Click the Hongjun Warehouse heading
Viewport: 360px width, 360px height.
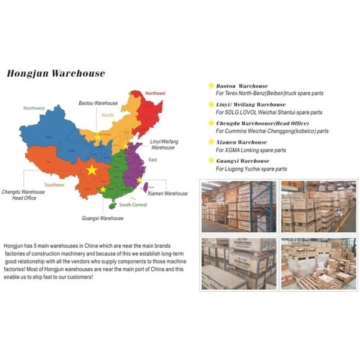(56, 74)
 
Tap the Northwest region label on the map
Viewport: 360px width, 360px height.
(34, 108)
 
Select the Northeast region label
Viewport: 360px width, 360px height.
(155, 94)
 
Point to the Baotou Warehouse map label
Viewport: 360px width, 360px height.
(98, 103)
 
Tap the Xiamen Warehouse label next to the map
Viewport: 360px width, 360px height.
(168, 194)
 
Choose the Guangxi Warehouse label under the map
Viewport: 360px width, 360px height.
(103, 218)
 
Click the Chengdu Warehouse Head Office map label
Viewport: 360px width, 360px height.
(24, 195)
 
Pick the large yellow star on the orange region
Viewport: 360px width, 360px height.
(92, 170)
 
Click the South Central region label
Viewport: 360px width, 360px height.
(133, 205)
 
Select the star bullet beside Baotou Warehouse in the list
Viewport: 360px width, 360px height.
(211, 86)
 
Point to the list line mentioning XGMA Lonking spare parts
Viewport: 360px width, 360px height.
(251, 150)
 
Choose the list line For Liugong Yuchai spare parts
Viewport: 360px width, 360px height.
(251, 169)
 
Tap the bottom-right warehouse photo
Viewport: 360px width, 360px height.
(318, 263)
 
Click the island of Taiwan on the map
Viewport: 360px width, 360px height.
(145, 188)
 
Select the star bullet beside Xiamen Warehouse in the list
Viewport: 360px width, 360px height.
(211, 142)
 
